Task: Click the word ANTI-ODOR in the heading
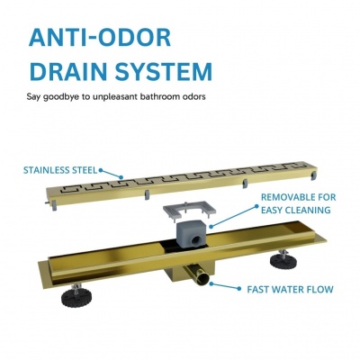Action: [x=100, y=38]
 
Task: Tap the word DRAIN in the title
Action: [x=70, y=71]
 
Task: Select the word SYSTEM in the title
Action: [x=164, y=71]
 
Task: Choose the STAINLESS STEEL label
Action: [x=60, y=170]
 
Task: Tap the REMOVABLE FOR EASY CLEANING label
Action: [x=298, y=203]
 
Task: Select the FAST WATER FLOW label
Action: [x=290, y=290]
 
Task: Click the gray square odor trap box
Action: [x=190, y=232]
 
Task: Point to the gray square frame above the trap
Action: [x=189, y=209]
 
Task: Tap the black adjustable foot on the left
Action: [x=76, y=296]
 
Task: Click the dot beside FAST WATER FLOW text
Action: [x=239, y=289]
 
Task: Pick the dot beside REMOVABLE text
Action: [x=256, y=206]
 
